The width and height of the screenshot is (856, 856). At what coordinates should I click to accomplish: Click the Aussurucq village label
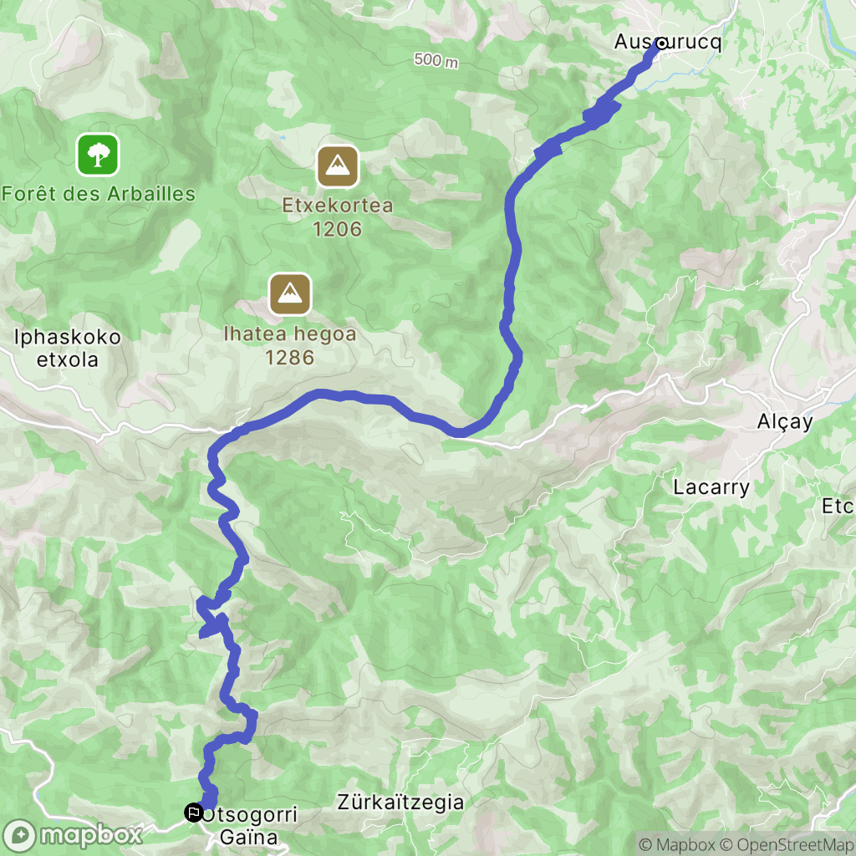[667, 42]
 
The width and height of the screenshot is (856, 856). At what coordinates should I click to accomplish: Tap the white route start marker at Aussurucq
[661, 43]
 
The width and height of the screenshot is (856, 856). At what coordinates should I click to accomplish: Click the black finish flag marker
[194, 811]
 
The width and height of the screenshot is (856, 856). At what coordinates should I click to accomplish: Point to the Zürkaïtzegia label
[400, 802]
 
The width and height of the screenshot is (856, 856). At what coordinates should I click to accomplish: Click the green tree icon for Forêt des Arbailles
[99, 155]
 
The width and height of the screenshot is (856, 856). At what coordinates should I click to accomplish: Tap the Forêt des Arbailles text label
[99, 195]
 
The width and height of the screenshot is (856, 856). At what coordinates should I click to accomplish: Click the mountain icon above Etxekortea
[338, 166]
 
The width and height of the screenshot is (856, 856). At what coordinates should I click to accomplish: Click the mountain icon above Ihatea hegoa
[290, 294]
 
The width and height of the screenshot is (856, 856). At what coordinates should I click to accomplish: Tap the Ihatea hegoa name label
[290, 334]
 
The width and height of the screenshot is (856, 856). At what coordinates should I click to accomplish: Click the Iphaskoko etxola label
[68, 349]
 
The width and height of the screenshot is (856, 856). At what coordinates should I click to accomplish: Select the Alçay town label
[784, 422]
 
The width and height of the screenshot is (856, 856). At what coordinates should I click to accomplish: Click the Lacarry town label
[711, 487]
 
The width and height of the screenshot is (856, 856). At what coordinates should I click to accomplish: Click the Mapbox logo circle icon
[19, 834]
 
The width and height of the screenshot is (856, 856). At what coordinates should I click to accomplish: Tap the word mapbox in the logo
[91, 834]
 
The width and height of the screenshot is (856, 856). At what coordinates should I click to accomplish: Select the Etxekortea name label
[338, 206]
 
